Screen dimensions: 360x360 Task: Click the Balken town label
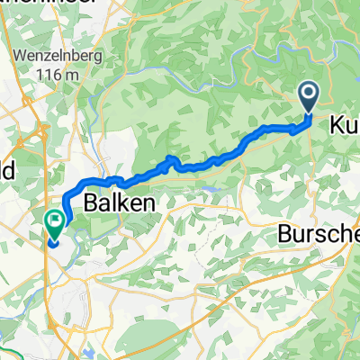120,204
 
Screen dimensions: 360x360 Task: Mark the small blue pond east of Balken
210,190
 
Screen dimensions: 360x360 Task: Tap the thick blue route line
216,157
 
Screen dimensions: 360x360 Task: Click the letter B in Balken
91,204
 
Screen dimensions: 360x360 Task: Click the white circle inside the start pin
308,92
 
